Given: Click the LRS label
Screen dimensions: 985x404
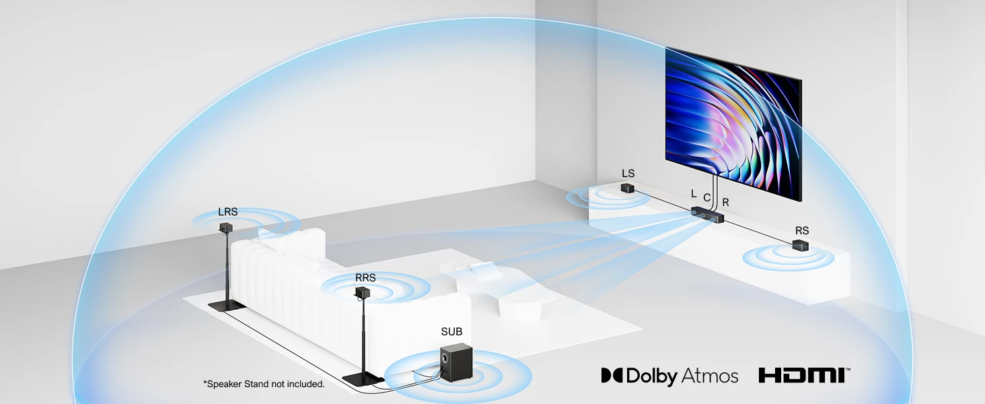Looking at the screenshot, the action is coord(227,211).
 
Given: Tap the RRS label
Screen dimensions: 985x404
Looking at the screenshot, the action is coord(365,277).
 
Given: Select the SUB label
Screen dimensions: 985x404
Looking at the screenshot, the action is coord(451,332).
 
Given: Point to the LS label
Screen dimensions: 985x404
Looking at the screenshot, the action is coord(628,174).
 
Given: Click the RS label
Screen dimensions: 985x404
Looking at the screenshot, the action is coord(801,231).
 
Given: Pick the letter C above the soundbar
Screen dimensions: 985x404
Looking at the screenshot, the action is coord(706,197).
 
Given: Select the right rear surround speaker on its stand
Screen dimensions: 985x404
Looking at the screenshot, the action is coord(363,294).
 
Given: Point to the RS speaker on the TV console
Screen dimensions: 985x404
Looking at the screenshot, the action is coord(800,246).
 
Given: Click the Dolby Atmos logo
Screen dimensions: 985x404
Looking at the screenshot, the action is coord(669,375).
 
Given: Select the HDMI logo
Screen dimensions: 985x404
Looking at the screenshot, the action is coord(804,375).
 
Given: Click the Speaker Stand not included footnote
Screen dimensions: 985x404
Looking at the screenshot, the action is coord(264,384).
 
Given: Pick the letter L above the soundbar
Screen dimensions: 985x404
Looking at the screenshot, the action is coord(694,193).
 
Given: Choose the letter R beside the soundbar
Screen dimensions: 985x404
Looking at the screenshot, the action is coord(725,202).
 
